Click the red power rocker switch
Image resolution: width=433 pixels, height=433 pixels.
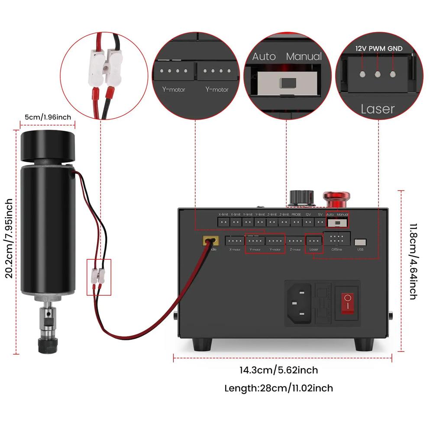(348, 303)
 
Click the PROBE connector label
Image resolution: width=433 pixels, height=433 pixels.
(296, 214)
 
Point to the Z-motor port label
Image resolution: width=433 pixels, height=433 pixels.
(295, 249)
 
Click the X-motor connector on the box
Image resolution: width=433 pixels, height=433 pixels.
(235, 241)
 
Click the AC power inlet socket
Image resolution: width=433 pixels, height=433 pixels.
(298, 302)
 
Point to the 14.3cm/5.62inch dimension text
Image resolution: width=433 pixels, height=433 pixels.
(279, 370)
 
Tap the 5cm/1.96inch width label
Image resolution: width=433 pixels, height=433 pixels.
(48, 117)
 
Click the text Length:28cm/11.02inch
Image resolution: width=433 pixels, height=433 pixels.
(279, 388)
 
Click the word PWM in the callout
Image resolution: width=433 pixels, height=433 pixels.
(377, 48)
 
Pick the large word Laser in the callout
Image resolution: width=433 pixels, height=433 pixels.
(378, 109)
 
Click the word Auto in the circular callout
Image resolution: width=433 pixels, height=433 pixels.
(264, 56)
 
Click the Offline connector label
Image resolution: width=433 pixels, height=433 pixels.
(336, 249)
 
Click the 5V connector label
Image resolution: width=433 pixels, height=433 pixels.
(320, 214)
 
